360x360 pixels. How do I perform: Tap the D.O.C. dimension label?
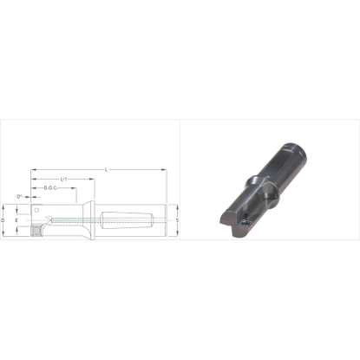pos(50,187)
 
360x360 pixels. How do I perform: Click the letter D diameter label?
pos(5,220)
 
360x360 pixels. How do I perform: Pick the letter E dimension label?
pos(17,220)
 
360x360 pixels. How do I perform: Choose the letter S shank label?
pos(176,219)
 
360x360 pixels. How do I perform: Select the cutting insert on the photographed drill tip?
pos(245,223)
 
